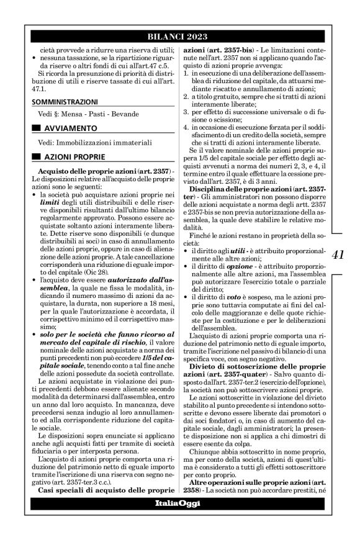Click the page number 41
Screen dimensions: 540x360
(339, 254)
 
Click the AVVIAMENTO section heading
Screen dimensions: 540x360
(69, 128)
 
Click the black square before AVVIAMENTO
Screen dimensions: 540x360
(37, 128)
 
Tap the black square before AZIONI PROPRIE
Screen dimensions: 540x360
(37, 156)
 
